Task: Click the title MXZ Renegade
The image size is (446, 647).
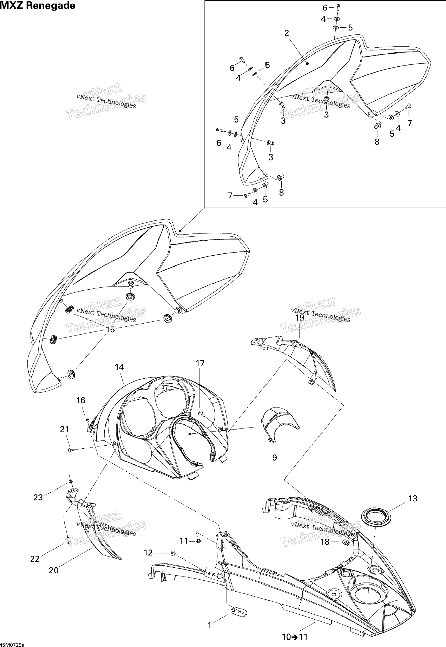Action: (38, 6)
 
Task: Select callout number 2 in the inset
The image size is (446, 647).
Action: (287, 33)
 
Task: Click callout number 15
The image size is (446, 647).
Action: (110, 330)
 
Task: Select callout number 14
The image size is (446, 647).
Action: (119, 367)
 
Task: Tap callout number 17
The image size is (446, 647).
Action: (200, 363)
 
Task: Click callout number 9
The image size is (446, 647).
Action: (274, 457)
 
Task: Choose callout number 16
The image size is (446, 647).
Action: (81, 400)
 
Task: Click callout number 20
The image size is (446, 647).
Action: (54, 570)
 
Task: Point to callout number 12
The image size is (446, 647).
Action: (148, 553)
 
